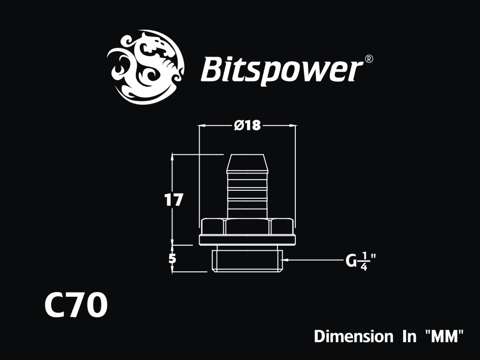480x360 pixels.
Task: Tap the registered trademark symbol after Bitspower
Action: point(369,59)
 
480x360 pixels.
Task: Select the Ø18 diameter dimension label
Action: point(247,125)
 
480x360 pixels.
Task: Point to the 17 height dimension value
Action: point(173,200)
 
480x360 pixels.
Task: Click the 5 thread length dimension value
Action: point(173,259)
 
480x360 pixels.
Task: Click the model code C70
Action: point(76,305)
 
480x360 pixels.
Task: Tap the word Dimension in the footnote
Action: point(353,336)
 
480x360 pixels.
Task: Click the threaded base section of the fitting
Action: point(247,258)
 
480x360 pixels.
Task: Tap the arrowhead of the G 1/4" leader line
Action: point(286,260)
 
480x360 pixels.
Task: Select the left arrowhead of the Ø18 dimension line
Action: point(202,125)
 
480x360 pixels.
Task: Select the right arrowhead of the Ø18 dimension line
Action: point(292,125)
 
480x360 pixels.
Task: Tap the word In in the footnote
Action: point(409,336)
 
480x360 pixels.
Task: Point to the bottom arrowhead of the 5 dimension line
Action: point(172,268)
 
